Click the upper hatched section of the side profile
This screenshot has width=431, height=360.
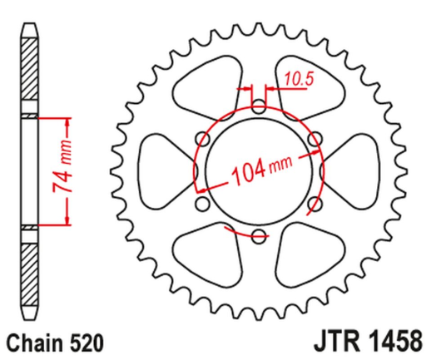[x=30, y=71]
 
